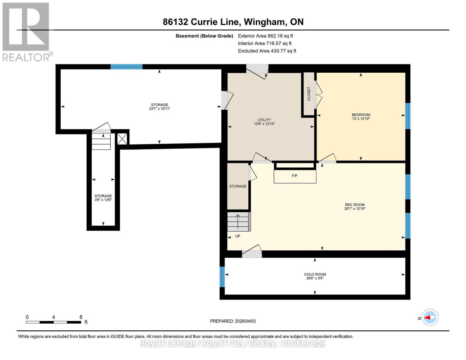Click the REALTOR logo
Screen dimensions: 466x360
27,32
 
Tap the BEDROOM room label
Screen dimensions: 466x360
361,115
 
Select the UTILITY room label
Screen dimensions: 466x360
264,120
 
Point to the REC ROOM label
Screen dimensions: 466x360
355,205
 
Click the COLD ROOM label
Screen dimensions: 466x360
315,274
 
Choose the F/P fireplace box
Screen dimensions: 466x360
295,176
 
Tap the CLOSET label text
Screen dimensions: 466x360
309,94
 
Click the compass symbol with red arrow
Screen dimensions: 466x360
430,317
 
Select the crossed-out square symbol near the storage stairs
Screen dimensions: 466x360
122,139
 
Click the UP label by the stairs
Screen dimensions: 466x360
237,236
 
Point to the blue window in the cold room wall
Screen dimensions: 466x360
222,277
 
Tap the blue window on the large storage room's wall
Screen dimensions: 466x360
127,67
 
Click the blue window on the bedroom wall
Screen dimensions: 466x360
408,116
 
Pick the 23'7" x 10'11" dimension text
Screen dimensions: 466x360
160,109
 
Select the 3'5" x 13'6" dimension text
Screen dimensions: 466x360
103,200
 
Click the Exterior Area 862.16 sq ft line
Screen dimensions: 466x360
265,36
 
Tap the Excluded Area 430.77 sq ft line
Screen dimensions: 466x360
267,51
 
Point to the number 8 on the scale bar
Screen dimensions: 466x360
81,317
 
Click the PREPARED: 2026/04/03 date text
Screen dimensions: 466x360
233,321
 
